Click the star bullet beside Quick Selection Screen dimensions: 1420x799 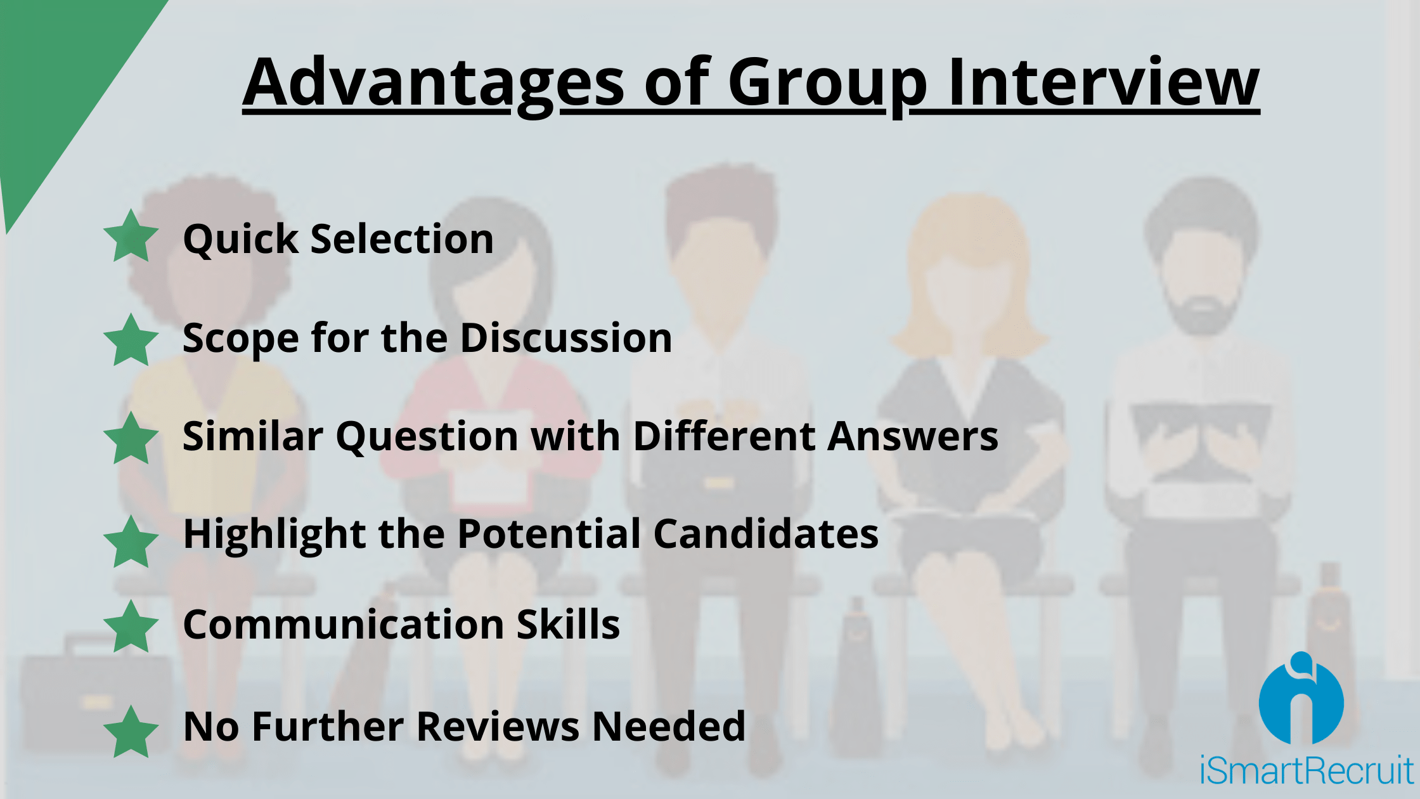pos(131,236)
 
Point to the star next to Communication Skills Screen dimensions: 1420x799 pos(131,627)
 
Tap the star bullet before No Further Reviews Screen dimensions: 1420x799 pos(131,732)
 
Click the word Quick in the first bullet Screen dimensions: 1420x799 pos(240,240)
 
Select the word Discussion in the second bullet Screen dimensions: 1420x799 pos(565,337)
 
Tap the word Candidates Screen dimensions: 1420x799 pos(766,533)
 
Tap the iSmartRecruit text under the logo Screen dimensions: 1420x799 pos(1307,770)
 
